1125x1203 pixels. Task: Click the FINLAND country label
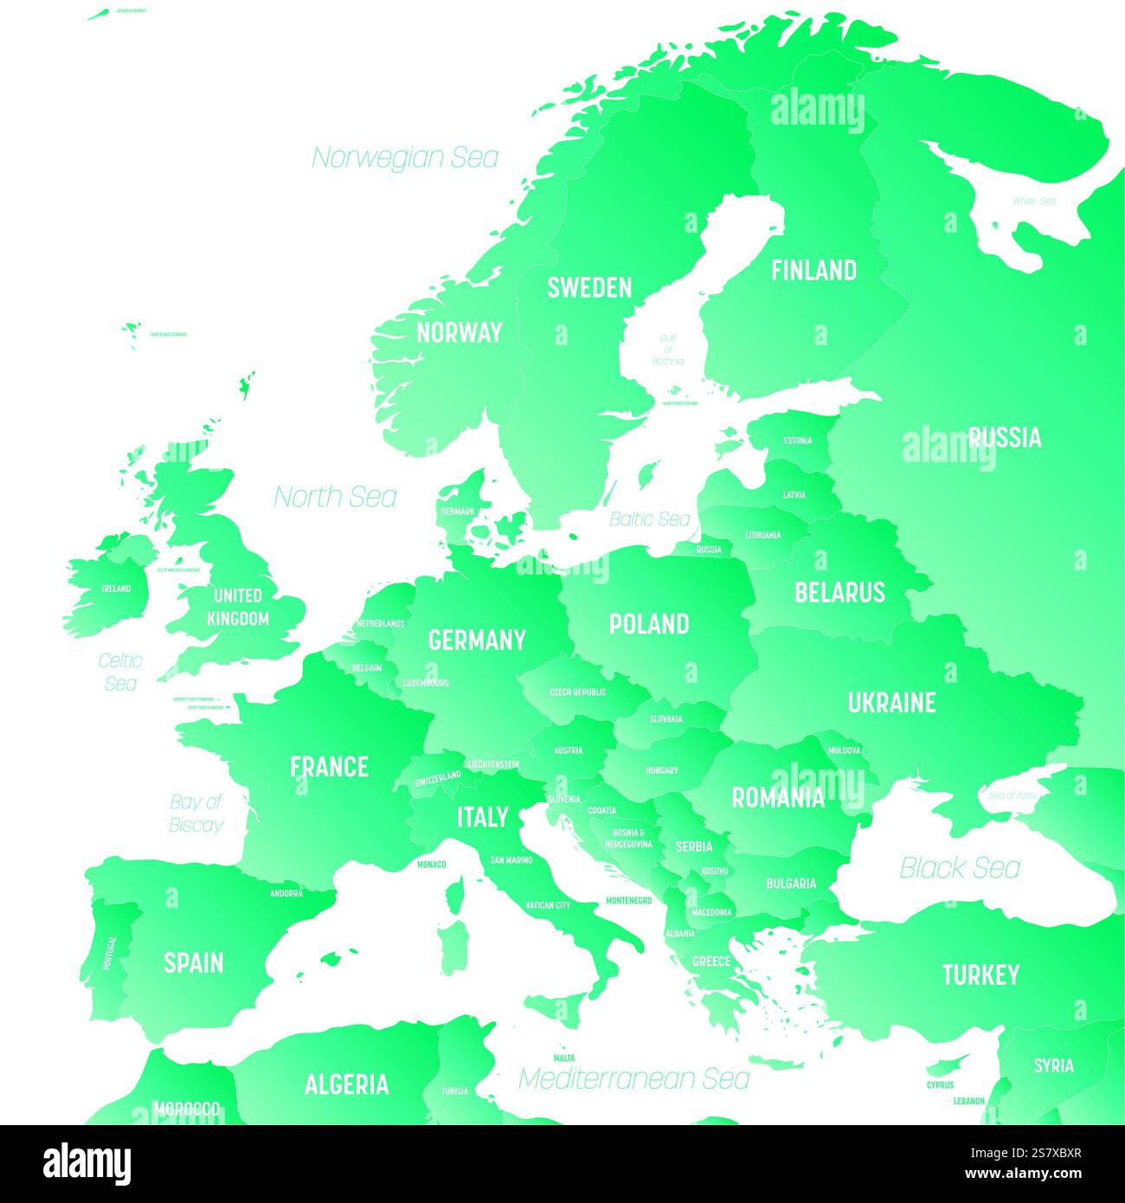[813, 271]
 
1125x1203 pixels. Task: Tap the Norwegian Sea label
[405, 158]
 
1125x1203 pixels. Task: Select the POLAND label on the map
[649, 624]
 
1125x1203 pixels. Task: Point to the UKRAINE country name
[891, 703]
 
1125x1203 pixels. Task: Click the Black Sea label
[960, 868]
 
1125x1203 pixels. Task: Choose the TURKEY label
[980, 975]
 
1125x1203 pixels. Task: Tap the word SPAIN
[194, 963]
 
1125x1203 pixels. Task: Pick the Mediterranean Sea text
[633, 1078]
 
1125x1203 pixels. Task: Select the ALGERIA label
[346, 1084]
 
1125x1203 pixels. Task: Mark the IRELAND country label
[116, 589]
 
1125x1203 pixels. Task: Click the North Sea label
[335, 497]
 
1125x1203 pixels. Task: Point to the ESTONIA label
[797, 441]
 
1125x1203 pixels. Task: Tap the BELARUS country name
[839, 593]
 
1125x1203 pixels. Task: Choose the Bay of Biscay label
[196, 814]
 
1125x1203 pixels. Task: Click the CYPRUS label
[940, 1084]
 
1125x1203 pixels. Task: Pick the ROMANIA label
[778, 798]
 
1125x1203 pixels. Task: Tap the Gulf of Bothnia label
[667, 350]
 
